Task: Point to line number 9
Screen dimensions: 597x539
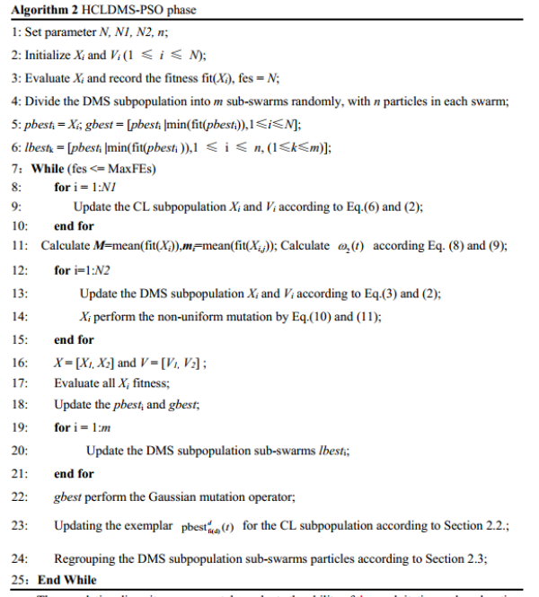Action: (x=19, y=206)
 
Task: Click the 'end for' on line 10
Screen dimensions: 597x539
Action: (x=74, y=227)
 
